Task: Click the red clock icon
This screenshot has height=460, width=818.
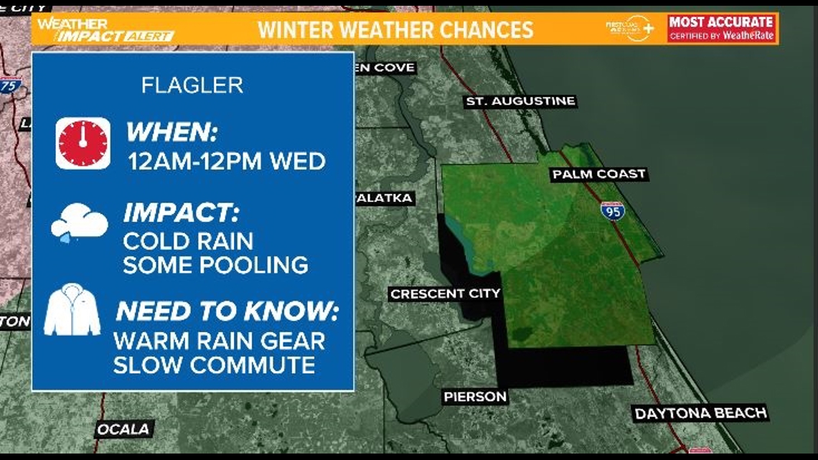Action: click(x=83, y=144)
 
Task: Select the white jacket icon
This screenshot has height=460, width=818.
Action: click(x=72, y=310)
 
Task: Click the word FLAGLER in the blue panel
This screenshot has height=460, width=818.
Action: click(x=192, y=85)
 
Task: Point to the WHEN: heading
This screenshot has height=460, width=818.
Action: click(x=171, y=133)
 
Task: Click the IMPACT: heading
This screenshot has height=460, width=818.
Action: click(x=181, y=213)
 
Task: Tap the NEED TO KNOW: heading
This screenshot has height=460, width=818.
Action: click(x=227, y=311)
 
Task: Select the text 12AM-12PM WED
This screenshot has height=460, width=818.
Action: click(x=227, y=161)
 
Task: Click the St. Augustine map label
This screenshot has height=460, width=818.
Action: click(x=520, y=101)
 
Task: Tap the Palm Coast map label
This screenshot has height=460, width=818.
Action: click(x=598, y=174)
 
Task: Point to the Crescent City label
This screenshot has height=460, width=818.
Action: click(x=445, y=294)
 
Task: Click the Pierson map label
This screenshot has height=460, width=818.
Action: click(x=474, y=396)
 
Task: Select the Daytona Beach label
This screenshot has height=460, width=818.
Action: click(x=700, y=413)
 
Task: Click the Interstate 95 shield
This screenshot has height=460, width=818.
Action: click(x=612, y=211)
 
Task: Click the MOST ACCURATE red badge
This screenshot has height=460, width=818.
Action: click(x=721, y=28)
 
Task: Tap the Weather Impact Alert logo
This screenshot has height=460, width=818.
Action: click(x=105, y=29)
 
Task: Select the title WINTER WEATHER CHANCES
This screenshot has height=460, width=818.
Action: click(x=395, y=29)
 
